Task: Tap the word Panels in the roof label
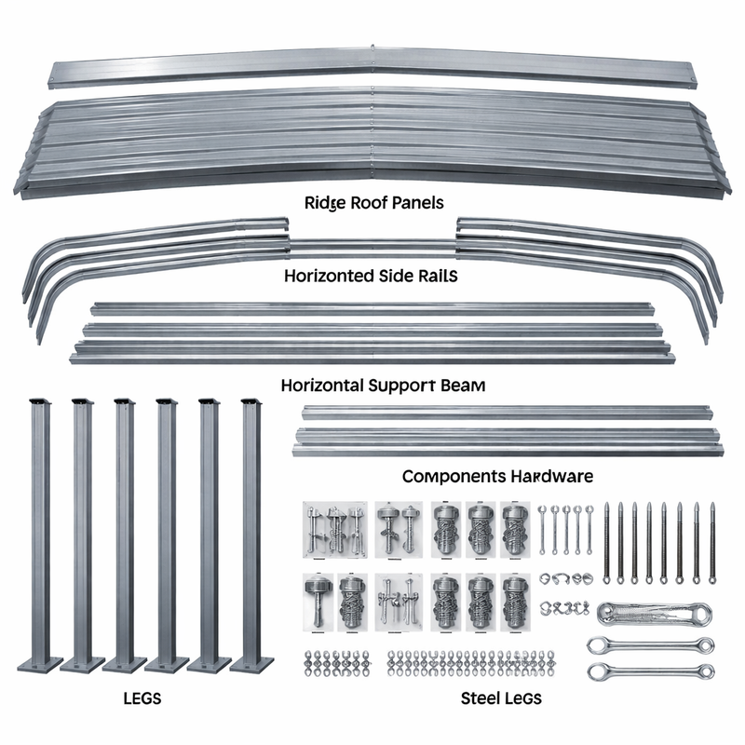[x=418, y=203]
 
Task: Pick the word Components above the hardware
[x=454, y=477]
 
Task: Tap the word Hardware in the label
[x=552, y=476]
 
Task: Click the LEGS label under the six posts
[x=142, y=698]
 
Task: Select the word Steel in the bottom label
[x=479, y=698]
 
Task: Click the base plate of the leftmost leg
[x=40, y=663]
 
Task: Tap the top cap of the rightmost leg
[x=251, y=401]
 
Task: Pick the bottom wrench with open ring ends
[x=651, y=671]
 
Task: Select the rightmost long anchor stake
[x=711, y=543]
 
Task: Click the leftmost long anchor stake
[x=606, y=543]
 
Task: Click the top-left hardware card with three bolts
[x=335, y=529]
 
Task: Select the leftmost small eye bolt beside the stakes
[x=543, y=529]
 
